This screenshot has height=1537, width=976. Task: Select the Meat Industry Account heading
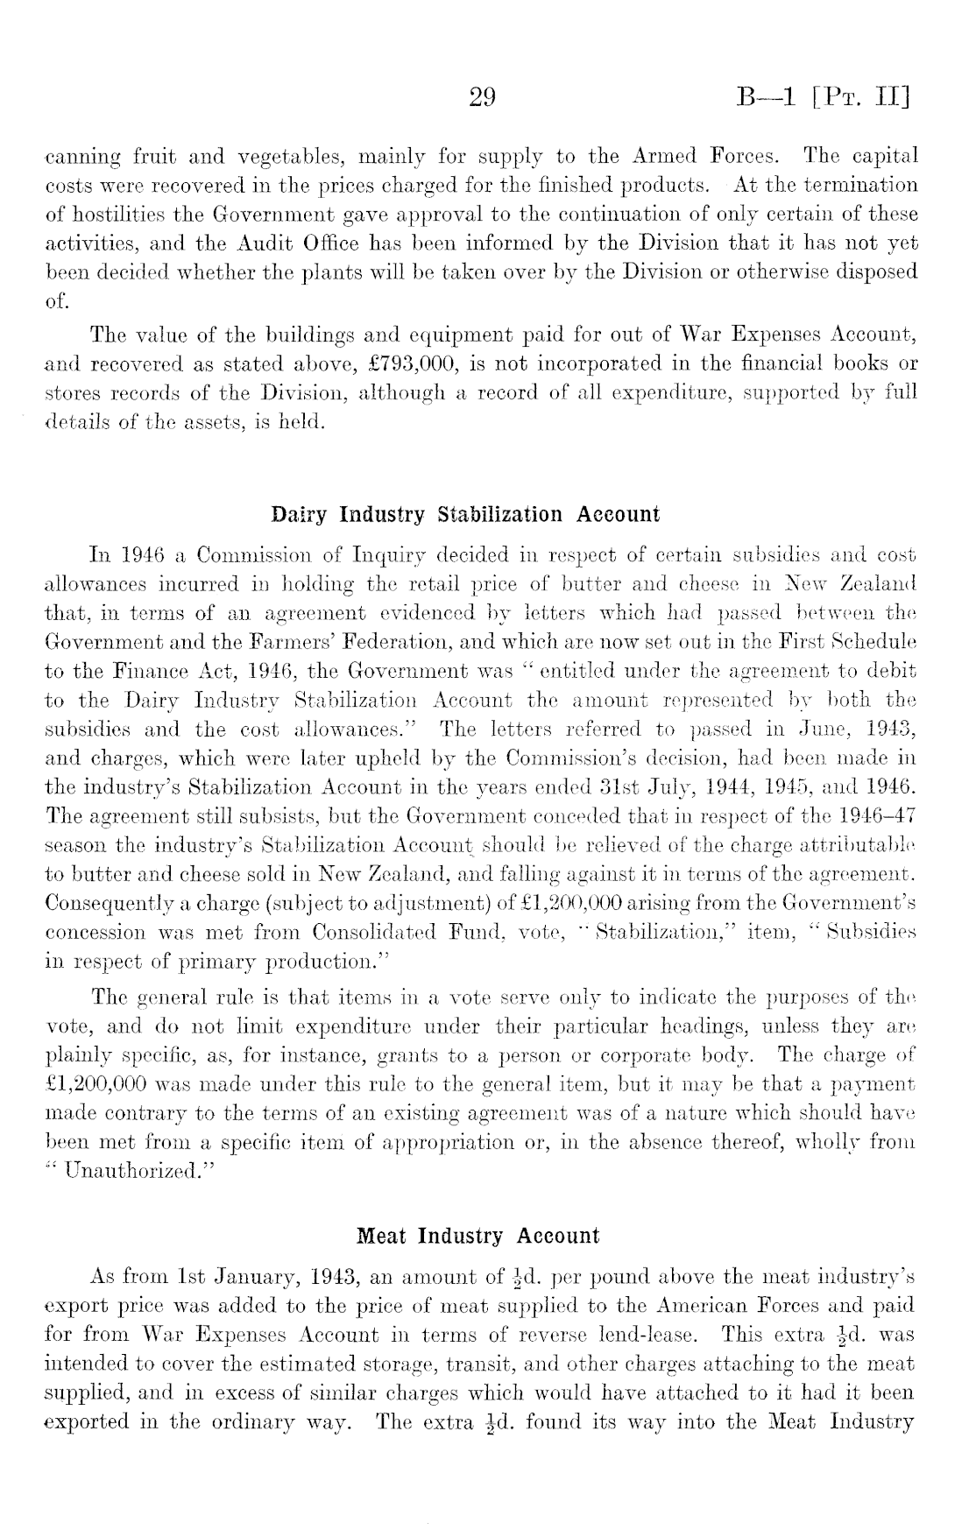478,1237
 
